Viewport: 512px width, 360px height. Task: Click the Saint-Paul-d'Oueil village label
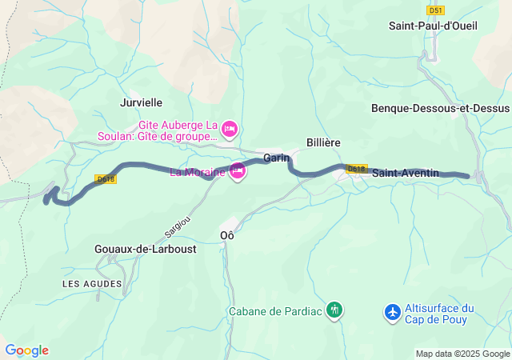point(433,26)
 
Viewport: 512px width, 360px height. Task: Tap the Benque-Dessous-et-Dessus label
point(440,108)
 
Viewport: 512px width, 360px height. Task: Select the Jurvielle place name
point(141,102)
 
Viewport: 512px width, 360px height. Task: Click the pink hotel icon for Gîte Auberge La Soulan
point(230,128)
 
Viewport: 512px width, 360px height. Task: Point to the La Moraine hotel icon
point(237,171)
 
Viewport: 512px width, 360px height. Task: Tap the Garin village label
point(276,158)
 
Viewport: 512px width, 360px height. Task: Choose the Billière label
point(323,142)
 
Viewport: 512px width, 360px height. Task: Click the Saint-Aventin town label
point(406,173)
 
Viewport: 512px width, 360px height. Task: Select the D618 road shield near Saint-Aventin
point(357,169)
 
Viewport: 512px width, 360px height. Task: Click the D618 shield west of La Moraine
point(106,179)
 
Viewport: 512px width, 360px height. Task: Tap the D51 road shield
point(435,10)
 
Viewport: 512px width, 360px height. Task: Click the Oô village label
point(227,235)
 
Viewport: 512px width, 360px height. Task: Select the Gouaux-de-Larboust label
point(145,249)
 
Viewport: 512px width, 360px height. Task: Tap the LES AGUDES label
point(92,284)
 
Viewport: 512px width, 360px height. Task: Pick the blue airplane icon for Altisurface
point(392,310)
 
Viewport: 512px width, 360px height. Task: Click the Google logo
point(26,350)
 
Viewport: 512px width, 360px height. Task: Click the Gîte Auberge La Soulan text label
point(178,130)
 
